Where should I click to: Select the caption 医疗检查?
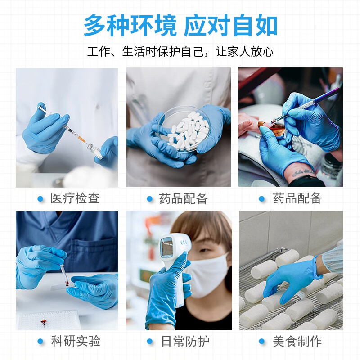coord(75,198)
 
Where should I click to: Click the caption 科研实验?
coord(75,341)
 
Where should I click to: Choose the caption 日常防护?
coord(185,341)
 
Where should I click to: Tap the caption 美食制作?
coord(297,341)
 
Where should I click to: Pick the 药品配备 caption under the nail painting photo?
coord(297,198)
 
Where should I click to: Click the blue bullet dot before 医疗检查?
coord(40,199)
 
